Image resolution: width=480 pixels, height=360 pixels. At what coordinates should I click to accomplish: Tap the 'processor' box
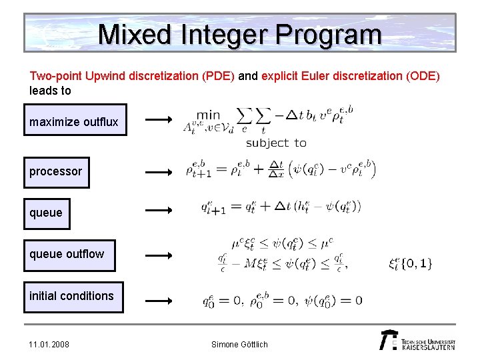point(57,171)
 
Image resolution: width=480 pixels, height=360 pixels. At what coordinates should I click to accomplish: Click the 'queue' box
point(47,213)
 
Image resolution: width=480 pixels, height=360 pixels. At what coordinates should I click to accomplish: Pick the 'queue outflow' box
point(69,254)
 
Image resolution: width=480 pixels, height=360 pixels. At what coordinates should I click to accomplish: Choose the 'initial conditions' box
point(73,296)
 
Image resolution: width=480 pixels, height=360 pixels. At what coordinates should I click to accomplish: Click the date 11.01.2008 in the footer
point(49,345)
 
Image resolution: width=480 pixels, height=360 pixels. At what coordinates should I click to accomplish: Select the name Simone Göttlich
point(239,345)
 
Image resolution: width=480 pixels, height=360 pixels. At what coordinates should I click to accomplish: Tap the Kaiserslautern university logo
point(417,339)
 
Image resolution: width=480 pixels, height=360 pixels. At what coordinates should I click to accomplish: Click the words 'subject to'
point(276,143)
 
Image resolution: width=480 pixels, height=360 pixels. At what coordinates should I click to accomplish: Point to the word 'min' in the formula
point(208,115)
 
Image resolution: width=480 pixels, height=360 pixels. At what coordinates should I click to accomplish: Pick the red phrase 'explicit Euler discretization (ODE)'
point(351,76)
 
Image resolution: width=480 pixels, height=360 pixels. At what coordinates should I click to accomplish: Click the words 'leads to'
point(50,90)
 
